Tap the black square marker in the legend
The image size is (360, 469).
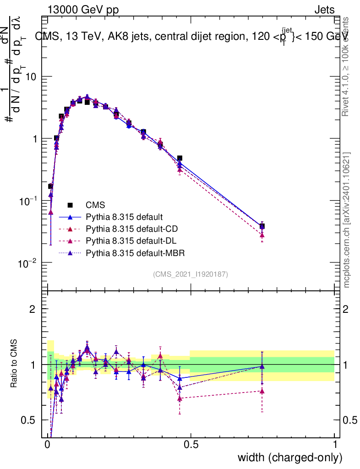[71, 205]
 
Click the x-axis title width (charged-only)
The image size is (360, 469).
[289, 458]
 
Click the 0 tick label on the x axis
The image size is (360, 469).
[48, 445]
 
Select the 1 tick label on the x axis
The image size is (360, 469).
[335, 445]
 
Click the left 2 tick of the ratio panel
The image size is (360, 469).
[33, 309]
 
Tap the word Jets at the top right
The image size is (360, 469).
[324, 10]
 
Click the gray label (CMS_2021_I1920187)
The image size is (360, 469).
[191, 274]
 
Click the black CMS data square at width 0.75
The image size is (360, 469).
[262, 226]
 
